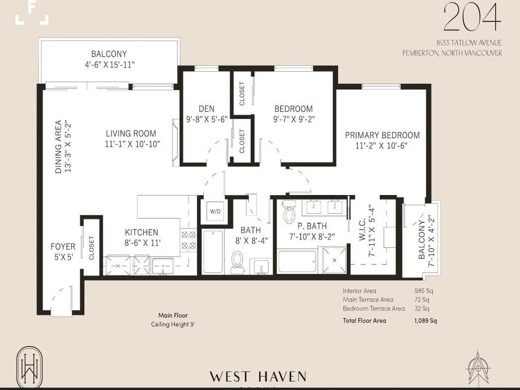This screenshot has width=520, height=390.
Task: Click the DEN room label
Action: [206, 109]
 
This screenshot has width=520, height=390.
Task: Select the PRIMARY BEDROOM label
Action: [382, 135]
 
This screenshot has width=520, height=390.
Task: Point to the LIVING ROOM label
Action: [131, 134]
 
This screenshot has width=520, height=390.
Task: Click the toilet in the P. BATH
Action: [289, 213]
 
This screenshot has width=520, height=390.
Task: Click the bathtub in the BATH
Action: [213, 252]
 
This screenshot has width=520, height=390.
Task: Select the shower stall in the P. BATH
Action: [334, 261]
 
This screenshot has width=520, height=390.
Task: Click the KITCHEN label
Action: [142, 232]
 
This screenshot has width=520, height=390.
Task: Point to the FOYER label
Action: [63, 247]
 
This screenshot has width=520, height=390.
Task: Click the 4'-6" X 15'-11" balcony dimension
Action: [109, 64]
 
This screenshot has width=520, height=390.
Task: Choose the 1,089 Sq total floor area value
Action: [425, 320]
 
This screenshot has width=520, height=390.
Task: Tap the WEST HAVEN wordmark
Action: [258, 377]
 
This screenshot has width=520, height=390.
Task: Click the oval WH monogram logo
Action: [27, 366]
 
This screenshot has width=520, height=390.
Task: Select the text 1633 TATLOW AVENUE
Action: [461, 43]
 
